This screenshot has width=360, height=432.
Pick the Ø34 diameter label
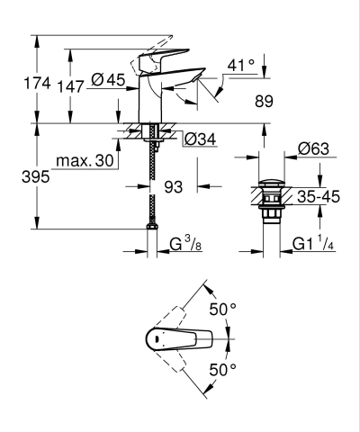200,139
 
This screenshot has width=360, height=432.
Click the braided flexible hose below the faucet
151,198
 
